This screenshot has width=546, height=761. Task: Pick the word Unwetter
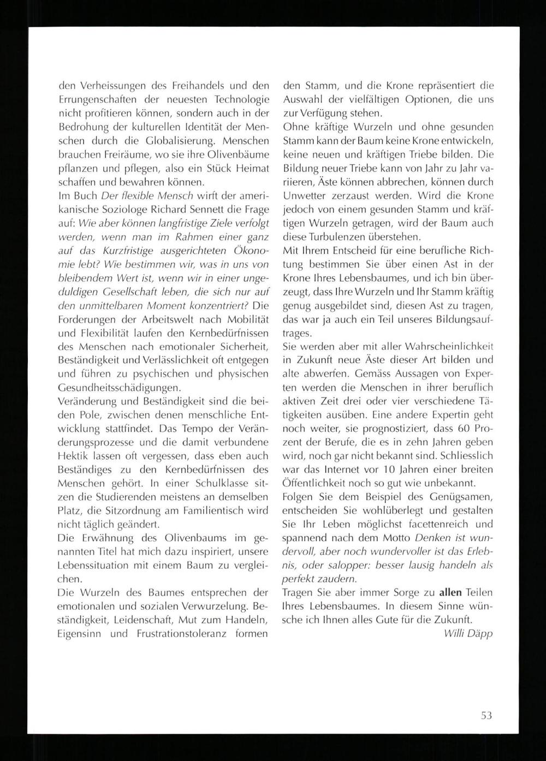306,195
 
